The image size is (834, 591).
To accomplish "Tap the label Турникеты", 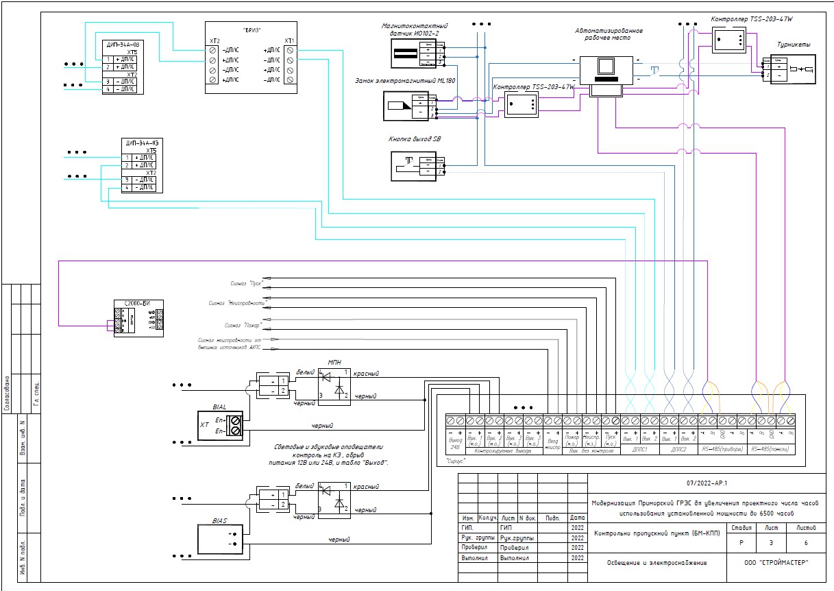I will (x=794, y=45).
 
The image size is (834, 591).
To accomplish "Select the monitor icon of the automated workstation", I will (x=605, y=67).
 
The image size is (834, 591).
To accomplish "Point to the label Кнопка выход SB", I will (x=415, y=138).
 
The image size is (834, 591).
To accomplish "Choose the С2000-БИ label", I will (x=136, y=302).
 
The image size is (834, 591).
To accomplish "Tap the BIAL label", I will (x=219, y=406).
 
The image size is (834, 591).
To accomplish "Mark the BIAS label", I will (x=219, y=520).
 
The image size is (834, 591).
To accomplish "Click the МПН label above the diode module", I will (x=334, y=363).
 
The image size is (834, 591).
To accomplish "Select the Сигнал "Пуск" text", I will (x=247, y=282).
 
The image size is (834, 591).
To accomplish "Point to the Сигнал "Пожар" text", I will (x=243, y=326).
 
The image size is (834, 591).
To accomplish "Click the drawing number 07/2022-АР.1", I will (x=707, y=483).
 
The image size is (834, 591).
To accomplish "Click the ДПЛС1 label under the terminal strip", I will (x=639, y=450).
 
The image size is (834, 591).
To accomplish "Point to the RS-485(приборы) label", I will (x=721, y=450).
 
